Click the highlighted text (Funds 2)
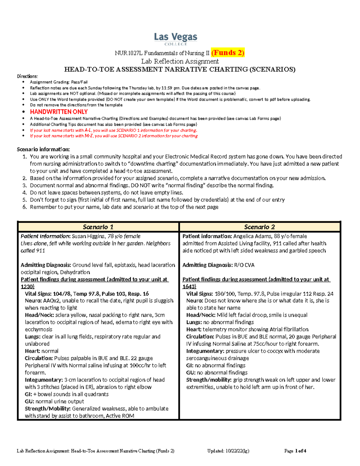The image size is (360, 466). [228, 53]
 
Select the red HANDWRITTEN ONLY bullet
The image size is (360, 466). [59, 112]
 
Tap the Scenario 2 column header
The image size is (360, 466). [259, 227]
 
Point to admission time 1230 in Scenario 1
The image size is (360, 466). [27, 287]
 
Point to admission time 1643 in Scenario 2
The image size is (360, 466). [189, 287]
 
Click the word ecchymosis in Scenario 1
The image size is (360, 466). [38, 329]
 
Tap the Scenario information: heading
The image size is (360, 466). [43, 149]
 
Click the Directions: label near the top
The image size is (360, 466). [27, 76]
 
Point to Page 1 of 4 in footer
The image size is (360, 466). [295, 451]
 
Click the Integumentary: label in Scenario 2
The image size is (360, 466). [205, 351]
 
